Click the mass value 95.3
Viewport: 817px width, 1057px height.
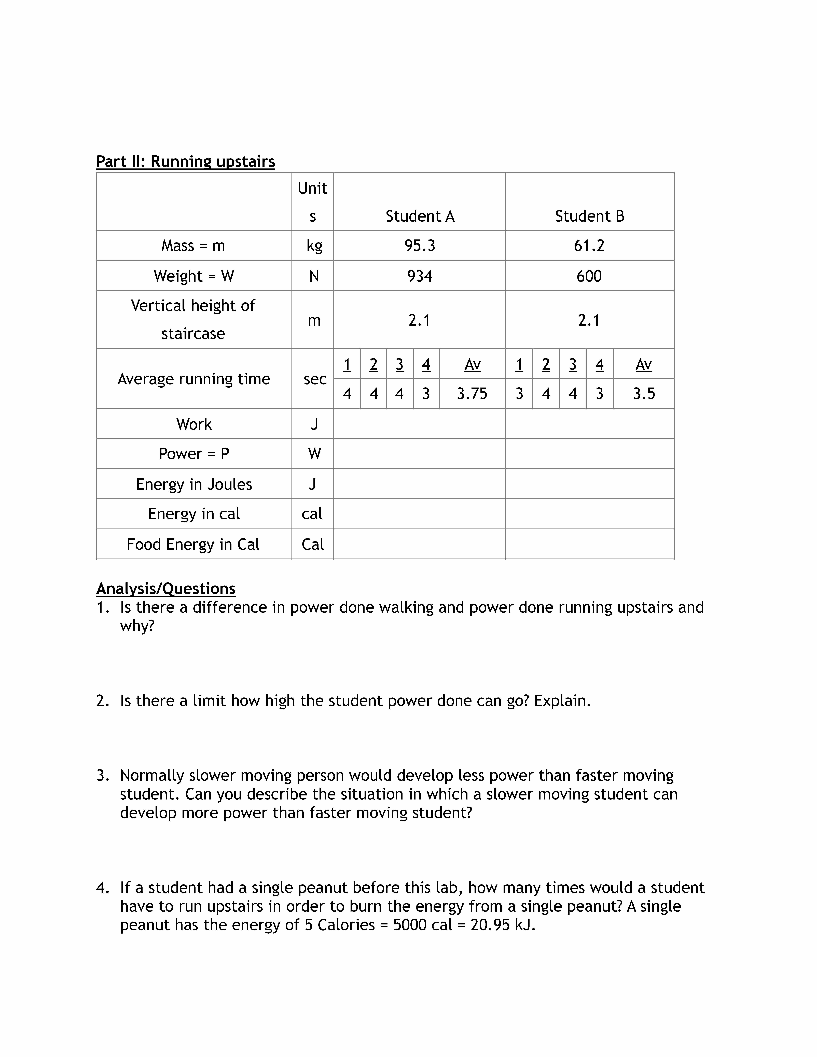[420, 246]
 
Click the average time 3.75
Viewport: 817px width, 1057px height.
[472, 393]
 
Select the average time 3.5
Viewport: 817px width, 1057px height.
[644, 393]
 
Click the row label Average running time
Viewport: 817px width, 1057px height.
[194, 379]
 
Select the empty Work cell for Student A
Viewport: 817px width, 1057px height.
[420, 424]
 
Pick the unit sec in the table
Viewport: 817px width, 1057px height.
[315, 379]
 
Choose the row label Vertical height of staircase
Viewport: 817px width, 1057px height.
[193, 319]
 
